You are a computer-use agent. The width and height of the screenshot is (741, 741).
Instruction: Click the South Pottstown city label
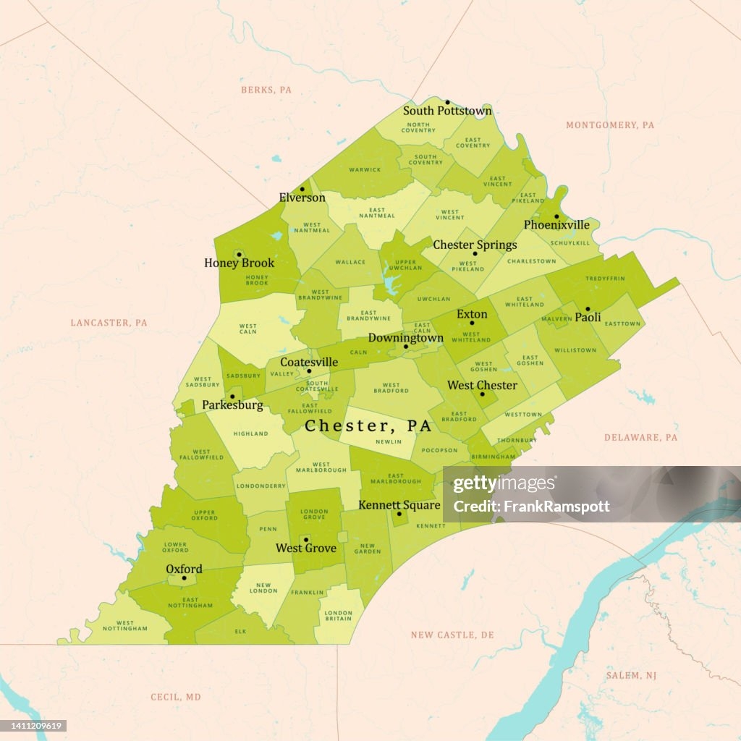447,111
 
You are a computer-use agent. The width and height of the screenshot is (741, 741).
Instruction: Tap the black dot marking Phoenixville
556,216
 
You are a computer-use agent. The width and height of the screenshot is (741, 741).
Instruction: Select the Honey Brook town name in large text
239,263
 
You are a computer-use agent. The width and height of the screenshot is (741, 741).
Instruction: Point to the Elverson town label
302,198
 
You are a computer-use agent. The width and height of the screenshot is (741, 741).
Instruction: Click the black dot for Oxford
184,578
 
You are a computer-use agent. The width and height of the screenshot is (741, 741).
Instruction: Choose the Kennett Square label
399,504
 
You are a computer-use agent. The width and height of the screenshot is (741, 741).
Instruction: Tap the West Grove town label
306,548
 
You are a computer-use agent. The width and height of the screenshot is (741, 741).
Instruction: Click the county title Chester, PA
368,425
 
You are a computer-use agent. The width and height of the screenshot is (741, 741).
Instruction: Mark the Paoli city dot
588,309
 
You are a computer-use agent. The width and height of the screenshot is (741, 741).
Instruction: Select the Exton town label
472,315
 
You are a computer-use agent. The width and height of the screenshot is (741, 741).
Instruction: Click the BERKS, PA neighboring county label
266,90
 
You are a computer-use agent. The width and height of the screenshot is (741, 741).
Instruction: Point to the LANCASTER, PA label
109,322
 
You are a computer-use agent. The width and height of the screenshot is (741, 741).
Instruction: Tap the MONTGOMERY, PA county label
609,125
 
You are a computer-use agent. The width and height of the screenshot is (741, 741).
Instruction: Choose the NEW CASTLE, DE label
452,635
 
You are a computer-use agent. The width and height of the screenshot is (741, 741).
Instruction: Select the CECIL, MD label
176,697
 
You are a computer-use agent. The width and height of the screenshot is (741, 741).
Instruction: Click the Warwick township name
365,170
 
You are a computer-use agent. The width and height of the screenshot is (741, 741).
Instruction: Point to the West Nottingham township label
124,626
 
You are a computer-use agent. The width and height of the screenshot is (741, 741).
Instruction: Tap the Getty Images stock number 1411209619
35,726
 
